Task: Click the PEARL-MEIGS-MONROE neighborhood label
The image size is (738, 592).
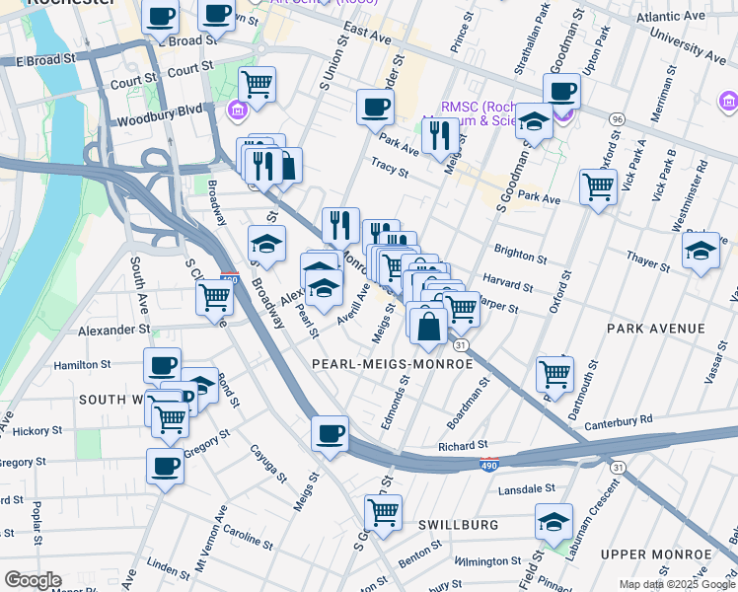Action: [392, 364]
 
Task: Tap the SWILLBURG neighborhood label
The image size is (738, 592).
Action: [457, 525]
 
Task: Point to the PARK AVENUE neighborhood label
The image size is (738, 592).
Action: [656, 328]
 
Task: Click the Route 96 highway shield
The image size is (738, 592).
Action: [617, 119]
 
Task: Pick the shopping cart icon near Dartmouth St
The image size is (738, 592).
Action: [555, 372]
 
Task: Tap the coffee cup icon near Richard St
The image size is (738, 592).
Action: [331, 431]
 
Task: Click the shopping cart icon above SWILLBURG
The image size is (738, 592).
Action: [382, 510]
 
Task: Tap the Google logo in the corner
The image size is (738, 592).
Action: [33, 580]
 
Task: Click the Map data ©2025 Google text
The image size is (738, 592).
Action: [676, 584]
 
